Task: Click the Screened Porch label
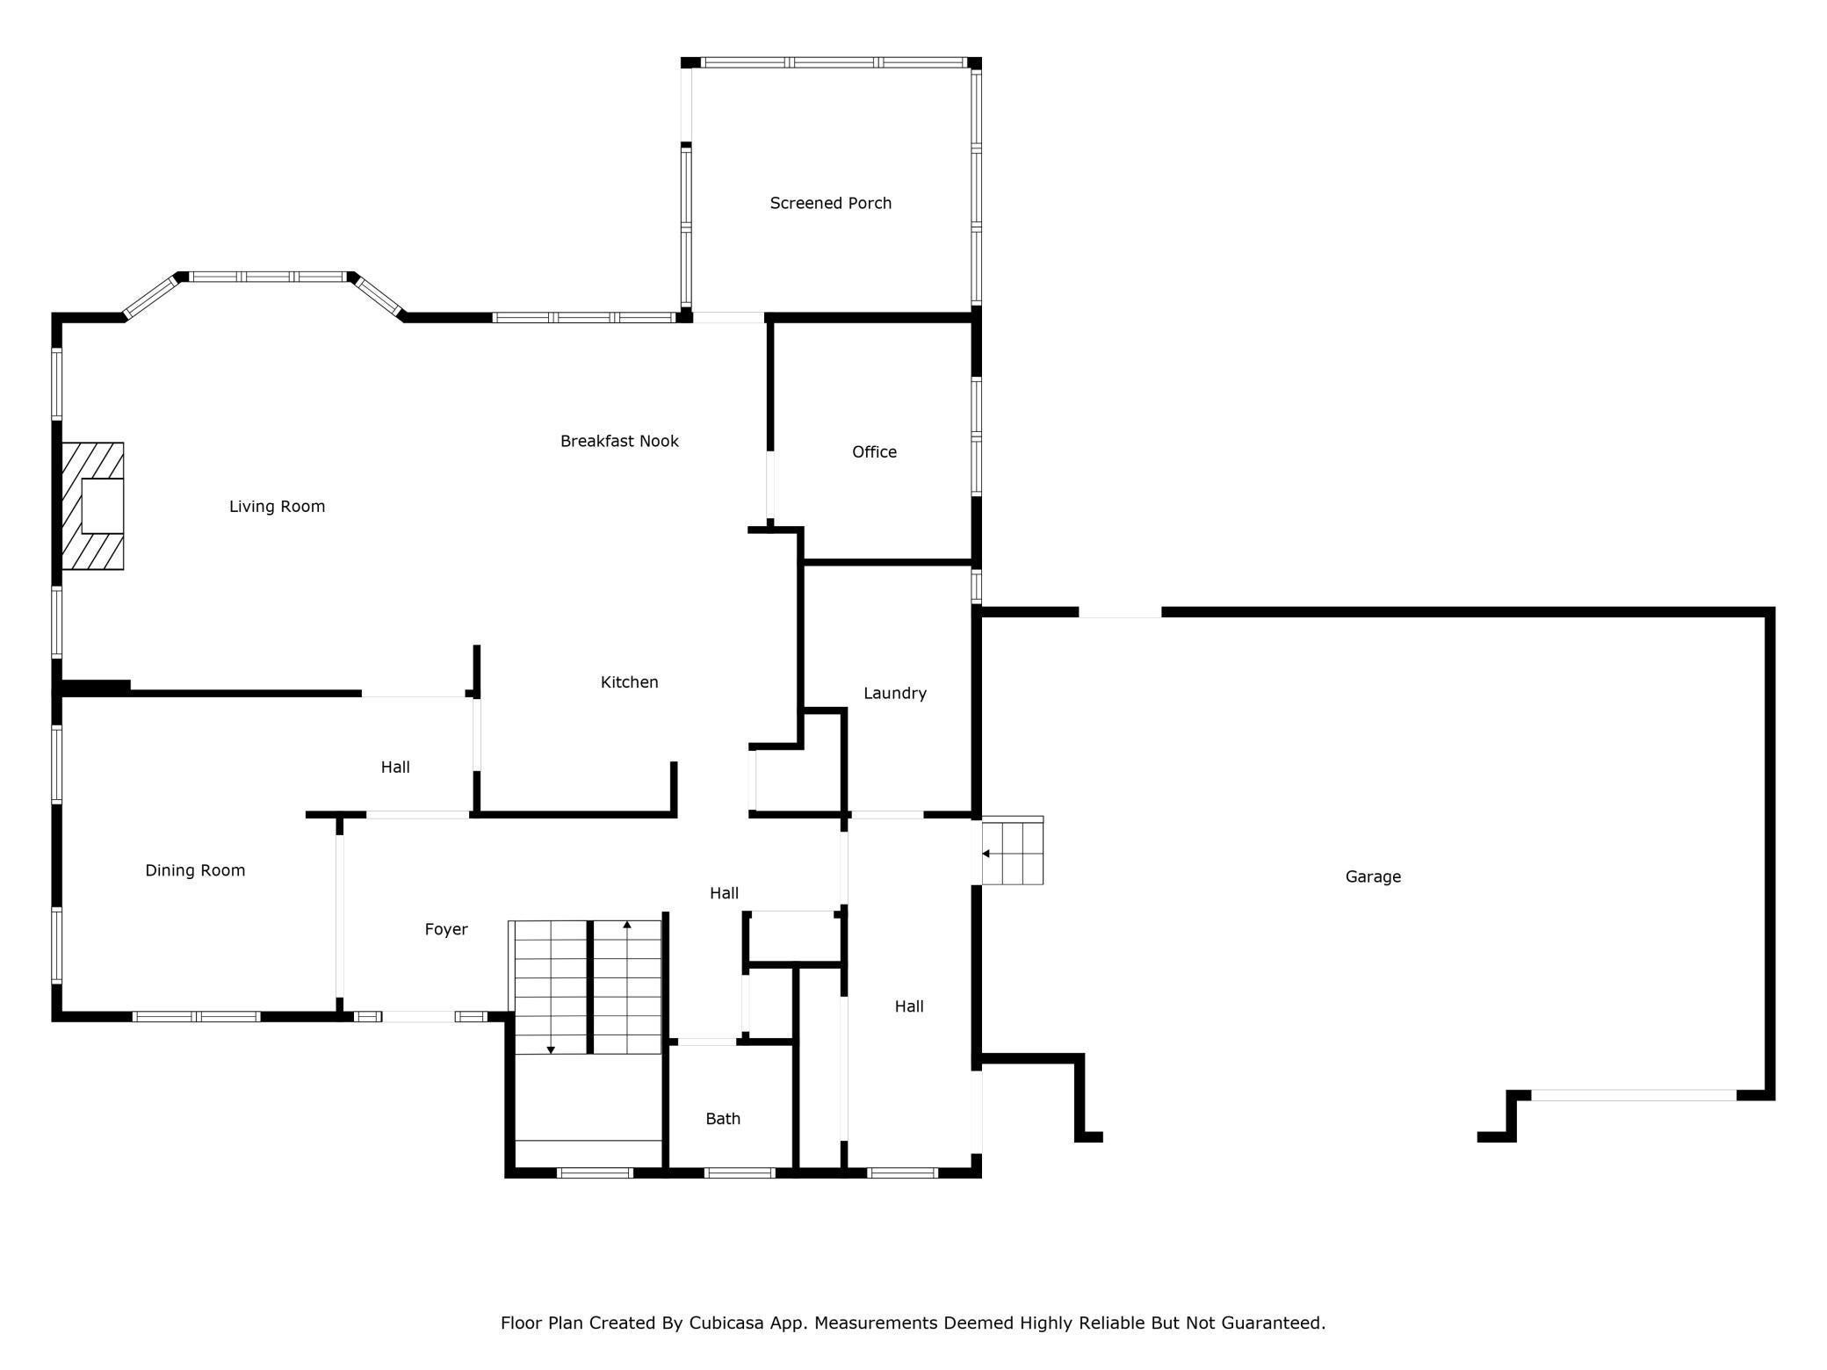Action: coord(830,203)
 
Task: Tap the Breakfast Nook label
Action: coord(619,441)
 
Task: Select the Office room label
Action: coord(874,451)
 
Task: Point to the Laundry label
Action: coord(894,693)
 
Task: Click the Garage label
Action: coord(1372,876)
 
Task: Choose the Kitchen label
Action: coord(629,681)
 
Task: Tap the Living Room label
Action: coord(277,506)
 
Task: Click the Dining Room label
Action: coord(195,870)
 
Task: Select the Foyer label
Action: coord(446,929)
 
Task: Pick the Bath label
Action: coord(723,1119)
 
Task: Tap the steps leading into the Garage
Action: coord(1014,851)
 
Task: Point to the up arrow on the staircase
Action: coord(627,925)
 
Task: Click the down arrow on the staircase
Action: coord(551,1049)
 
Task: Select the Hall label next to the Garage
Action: coord(909,1006)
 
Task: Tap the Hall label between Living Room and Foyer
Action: coord(395,767)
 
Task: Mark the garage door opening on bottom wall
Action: coord(1633,1095)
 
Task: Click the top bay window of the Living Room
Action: coord(269,277)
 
